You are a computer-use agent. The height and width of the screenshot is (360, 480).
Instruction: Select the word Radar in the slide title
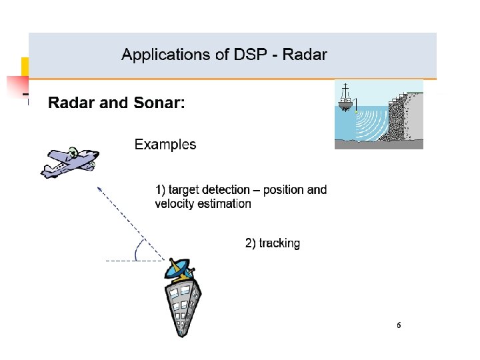coord(305,55)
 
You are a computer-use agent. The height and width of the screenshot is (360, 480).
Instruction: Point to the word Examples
coord(165,144)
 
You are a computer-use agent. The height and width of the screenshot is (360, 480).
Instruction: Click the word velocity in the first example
coord(175,204)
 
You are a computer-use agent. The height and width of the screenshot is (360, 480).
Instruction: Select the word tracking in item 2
coord(279,243)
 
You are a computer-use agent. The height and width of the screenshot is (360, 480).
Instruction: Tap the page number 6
coord(399,325)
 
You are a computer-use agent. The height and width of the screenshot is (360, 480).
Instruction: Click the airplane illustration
coord(69,162)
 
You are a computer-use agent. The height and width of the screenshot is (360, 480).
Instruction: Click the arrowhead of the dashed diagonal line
coord(100,190)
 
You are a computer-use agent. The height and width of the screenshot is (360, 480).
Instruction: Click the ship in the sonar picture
coord(345,99)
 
